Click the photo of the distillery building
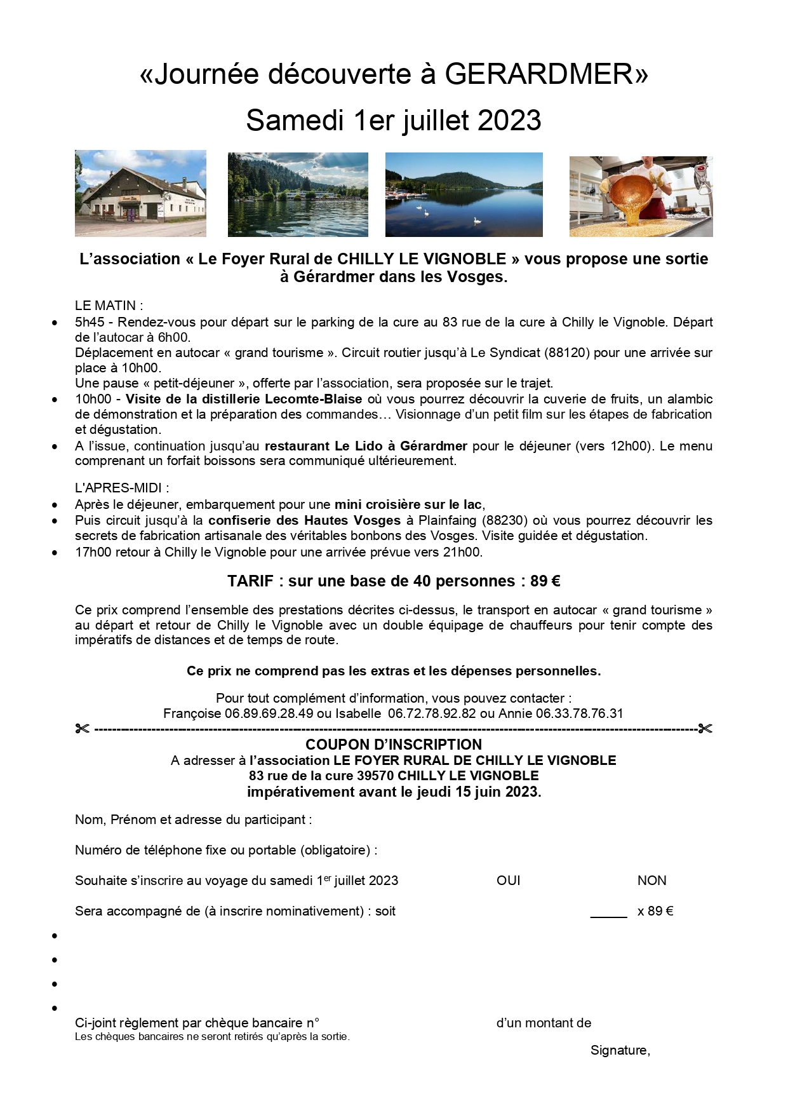coord(140,193)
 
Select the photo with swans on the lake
coord(464,194)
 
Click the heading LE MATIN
coord(109,306)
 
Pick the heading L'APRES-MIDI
coord(122,488)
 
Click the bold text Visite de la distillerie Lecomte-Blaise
coord(244,399)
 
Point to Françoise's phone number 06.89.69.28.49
coord(269,713)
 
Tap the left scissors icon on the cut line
coord(82,728)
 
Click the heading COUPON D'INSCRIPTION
coord(394,744)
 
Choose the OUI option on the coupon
coord(508,881)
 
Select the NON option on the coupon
coord(651,881)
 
